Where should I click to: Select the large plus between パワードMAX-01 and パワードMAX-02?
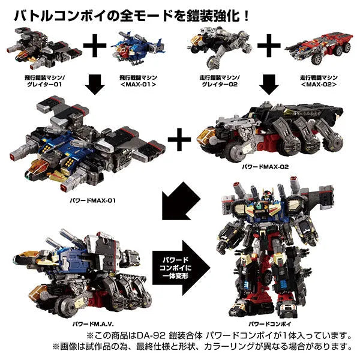pos(175,142)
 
